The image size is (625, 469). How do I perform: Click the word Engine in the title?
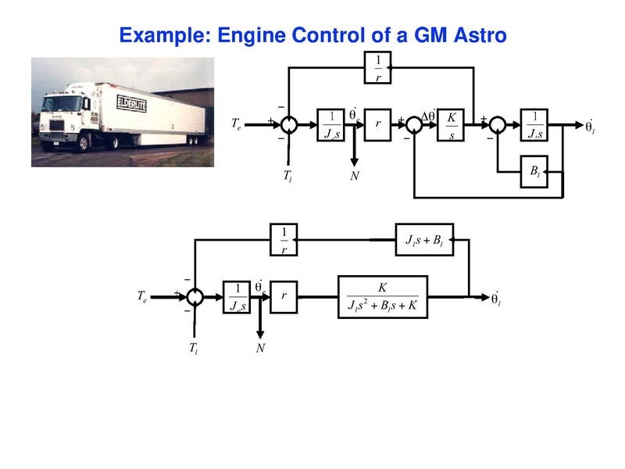tap(252, 35)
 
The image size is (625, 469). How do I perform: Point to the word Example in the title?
tap(162, 35)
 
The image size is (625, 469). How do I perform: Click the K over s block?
tap(451, 125)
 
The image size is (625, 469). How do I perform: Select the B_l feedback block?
tap(534, 172)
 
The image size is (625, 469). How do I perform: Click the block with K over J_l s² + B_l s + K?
tap(383, 297)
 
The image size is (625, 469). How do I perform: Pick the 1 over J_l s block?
tap(535, 125)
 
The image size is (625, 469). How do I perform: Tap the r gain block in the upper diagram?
tap(377, 125)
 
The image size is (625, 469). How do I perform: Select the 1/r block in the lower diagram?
tap(284, 240)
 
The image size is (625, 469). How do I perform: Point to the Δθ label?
tap(428, 116)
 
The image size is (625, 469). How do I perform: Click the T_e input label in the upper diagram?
tap(237, 124)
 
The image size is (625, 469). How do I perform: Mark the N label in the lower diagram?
tap(261, 348)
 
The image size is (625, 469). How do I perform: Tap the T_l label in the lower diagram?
tap(193, 348)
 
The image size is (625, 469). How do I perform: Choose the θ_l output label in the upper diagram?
tap(590, 127)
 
